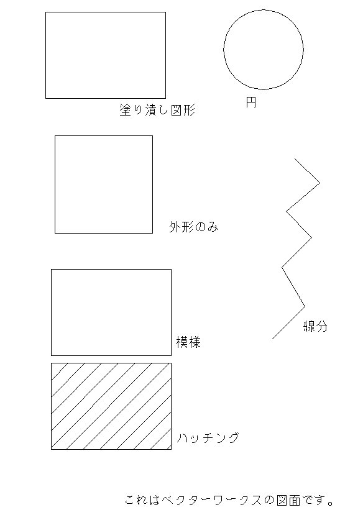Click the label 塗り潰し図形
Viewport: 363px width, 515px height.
tap(157, 110)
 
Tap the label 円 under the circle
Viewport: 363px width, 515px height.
tap(251, 102)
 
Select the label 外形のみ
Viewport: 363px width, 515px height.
tap(193, 227)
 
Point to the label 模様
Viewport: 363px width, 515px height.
tap(188, 342)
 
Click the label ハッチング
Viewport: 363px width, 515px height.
tap(208, 438)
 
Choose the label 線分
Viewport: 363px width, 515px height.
tap(315, 326)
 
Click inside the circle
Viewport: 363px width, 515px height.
tap(264, 50)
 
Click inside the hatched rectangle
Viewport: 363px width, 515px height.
tap(111, 406)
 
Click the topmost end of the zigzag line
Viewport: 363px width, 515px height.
tap(295, 158)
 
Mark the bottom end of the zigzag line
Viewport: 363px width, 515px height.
tap(272, 339)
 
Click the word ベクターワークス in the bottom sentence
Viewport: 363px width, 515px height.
tap(213, 500)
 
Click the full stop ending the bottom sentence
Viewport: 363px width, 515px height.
tap(331, 503)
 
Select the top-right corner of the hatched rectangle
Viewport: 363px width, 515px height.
tap(171, 363)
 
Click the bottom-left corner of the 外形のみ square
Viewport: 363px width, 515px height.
tap(55, 233)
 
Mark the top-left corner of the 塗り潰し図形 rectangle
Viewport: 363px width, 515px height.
tap(45, 12)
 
